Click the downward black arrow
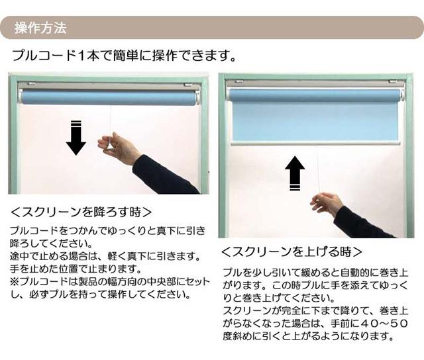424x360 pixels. (x=76, y=138)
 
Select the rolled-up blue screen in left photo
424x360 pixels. (x=109, y=99)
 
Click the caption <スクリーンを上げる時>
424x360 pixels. (x=291, y=251)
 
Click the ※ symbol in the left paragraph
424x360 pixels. (x=15, y=281)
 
